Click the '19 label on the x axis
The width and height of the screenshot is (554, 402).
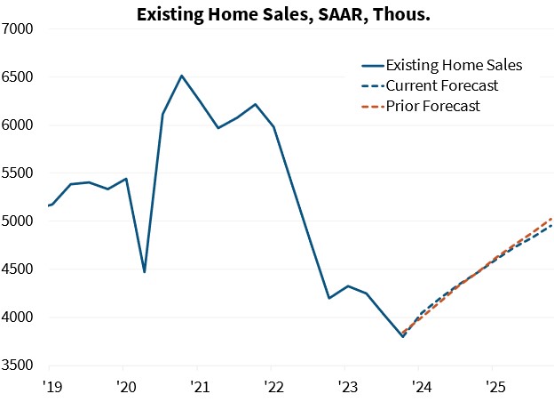click(51, 387)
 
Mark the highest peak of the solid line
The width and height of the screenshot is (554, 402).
click(181, 76)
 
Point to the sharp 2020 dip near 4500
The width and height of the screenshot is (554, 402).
click(144, 271)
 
